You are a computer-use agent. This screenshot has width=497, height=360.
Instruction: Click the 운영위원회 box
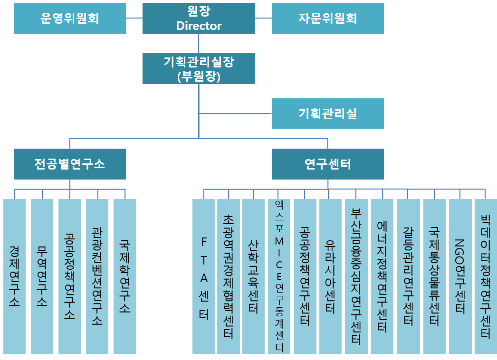click(70, 18)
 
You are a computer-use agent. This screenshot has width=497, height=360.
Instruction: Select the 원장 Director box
click(199, 18)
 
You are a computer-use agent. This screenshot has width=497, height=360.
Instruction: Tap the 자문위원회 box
click(327, 18)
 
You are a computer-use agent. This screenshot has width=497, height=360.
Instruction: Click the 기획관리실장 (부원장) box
click(199, 68)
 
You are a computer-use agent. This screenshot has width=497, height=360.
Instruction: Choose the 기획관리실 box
click(327, 114)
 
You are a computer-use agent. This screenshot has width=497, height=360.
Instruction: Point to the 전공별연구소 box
click(70, 164)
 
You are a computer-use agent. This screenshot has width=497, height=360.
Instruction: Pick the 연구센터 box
click(327, 164)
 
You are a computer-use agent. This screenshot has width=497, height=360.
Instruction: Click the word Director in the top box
click(199, 26)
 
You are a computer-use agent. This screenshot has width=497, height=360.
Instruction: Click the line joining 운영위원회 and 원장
click(134, 18)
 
